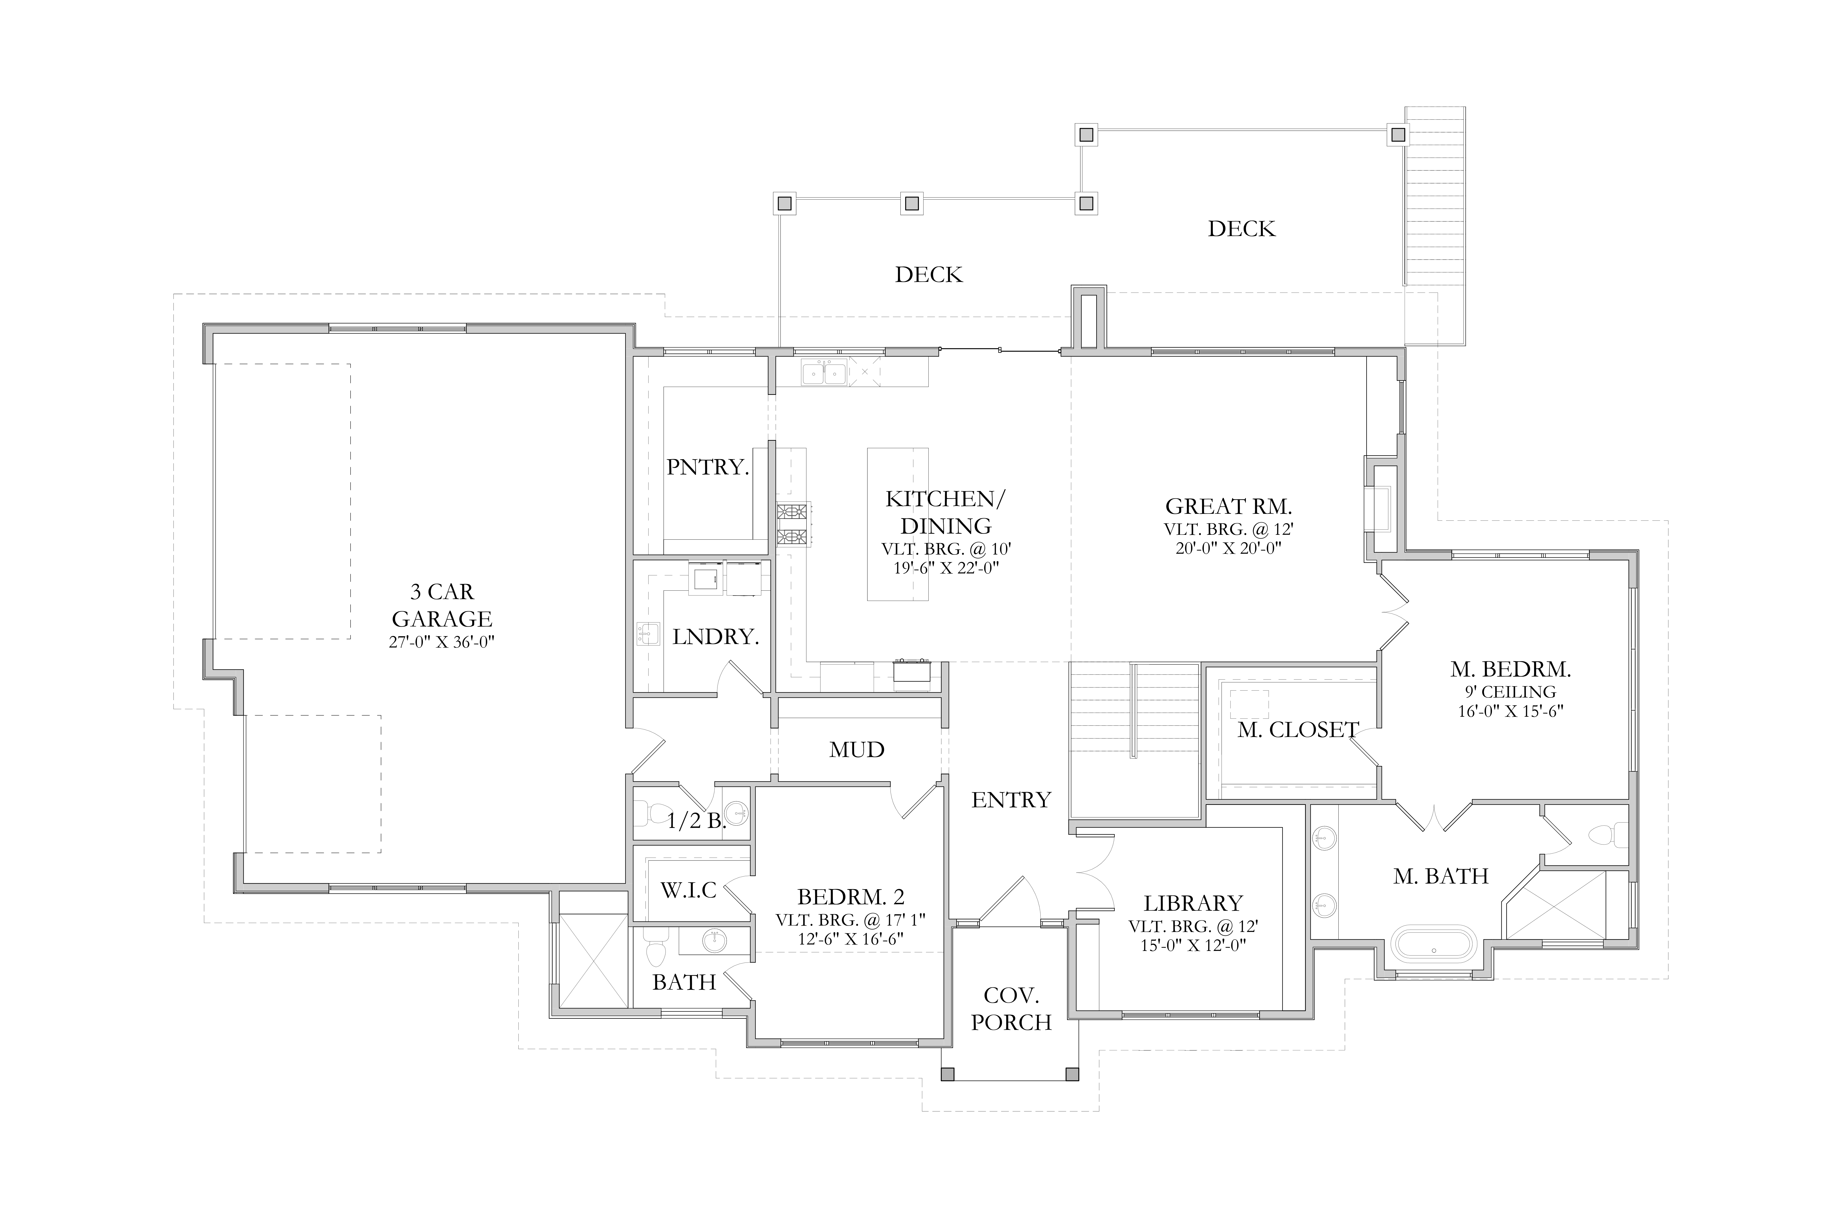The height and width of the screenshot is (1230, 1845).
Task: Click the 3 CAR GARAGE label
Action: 442,605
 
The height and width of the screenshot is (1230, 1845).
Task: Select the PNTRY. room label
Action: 708,467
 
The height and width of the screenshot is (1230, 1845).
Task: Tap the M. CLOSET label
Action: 1298,730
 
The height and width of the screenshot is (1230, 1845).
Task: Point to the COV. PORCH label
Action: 1011,1009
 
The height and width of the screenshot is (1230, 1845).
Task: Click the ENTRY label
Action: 1011,800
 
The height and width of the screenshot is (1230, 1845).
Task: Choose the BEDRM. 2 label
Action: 851,897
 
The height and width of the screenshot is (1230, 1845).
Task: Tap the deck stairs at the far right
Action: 1435,226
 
